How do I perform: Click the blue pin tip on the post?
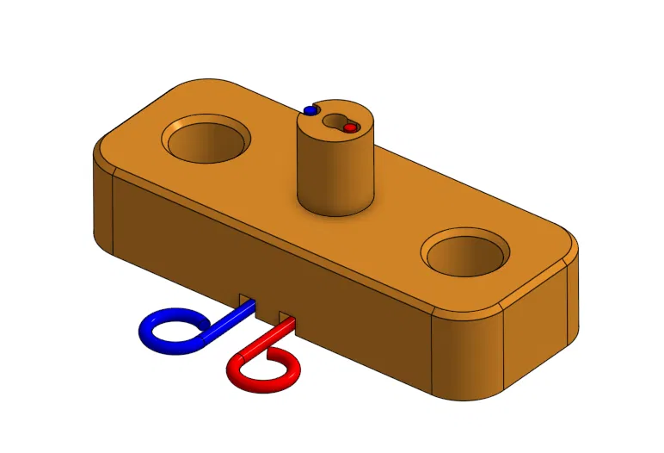(x=310, y=110)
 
